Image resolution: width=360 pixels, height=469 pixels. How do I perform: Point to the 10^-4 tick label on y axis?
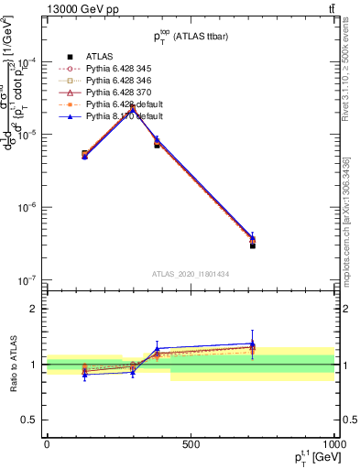click(x=27, y=61)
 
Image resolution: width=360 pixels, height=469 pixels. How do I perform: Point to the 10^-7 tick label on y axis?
click(x=27, y=279)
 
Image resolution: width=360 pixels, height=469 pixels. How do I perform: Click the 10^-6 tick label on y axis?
click(x=27, y=207)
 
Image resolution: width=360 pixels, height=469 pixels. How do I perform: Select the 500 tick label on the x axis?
click(x=191, y=444)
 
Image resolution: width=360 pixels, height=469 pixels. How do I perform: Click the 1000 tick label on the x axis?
click(x=332, y=444)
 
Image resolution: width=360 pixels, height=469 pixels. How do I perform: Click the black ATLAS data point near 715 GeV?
click(x=253, y=245)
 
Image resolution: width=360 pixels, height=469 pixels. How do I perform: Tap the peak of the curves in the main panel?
click(x=133, y=108)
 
